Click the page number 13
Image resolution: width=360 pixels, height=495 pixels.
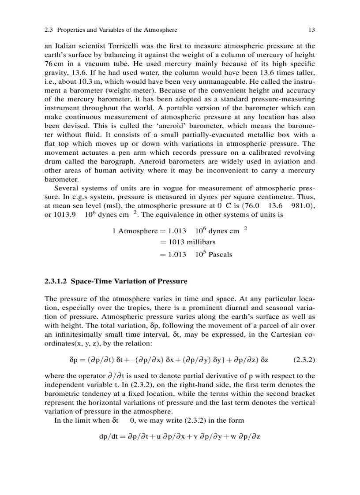311,30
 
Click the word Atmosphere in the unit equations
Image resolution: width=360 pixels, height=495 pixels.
138,231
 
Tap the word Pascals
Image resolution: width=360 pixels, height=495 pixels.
220,254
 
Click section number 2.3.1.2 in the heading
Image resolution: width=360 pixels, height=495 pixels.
56,281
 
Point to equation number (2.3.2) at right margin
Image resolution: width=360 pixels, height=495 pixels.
304,360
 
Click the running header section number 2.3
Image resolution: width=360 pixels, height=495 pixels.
49,30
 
